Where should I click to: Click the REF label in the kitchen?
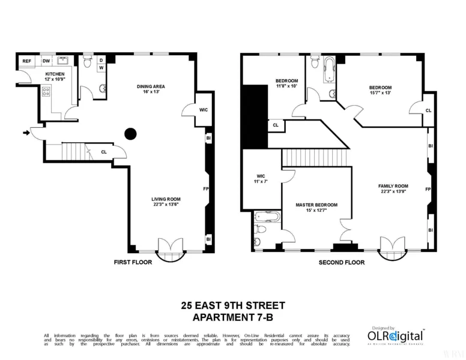click(x=27, y=61)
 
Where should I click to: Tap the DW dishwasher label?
click(x=46, y=61)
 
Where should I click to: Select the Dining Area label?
click(x=150, y=89)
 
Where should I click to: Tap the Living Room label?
click(x=165, y=202)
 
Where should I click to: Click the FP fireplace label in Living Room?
click(x=206, y=190)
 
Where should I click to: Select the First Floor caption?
click(x=133, y=262)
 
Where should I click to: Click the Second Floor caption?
click(x=341, y=262)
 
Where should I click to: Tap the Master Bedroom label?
click(x=316, y=208)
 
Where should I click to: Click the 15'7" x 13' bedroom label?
click(x=380, y=91)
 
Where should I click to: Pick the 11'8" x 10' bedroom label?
click(x=286, y=83)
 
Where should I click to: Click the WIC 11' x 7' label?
click(x=261, y=179)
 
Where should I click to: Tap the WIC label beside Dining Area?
click(x=187, y=110)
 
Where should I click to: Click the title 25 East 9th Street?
click(x=233, y=306)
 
